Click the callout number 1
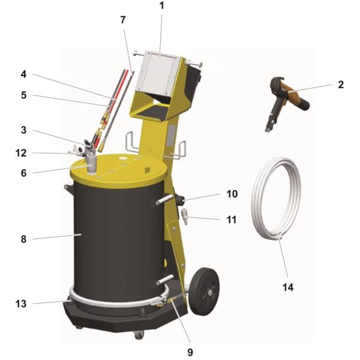(161, 6)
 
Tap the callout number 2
(341, 85)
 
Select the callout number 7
(123, 20)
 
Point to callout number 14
(288, 287)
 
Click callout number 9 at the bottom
(190, 352)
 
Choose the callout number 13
(21, 304)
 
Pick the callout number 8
(23, 239)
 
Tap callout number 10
(232, 194)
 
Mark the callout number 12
(21, 153)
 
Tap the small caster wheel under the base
(139, 335)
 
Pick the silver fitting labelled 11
(184, 216)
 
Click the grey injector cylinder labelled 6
(92, 164)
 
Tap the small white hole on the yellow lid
(123, 158)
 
